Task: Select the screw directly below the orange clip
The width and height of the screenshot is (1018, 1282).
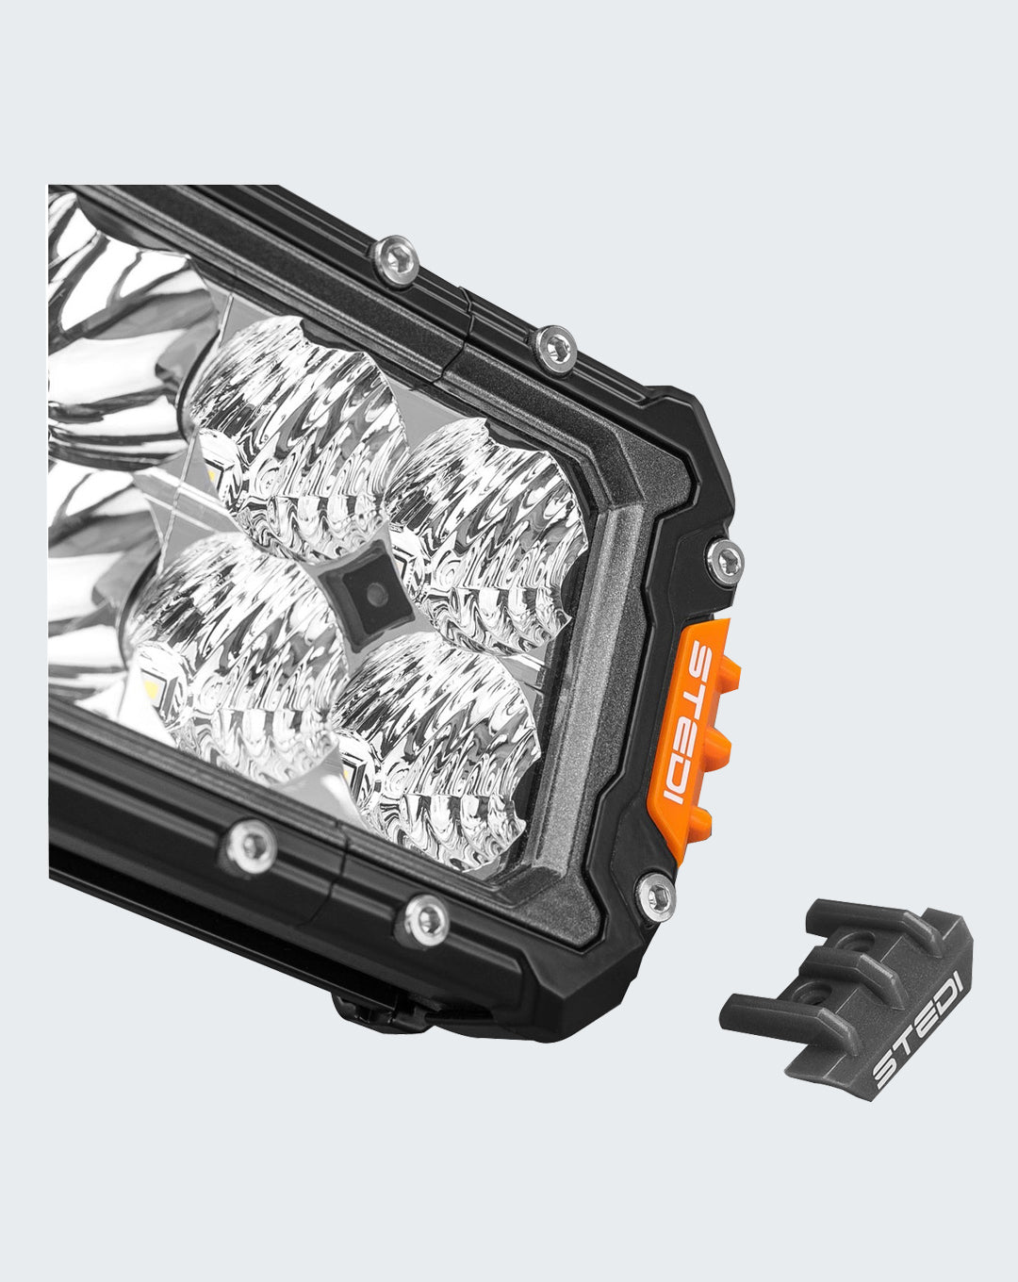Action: point(656,895)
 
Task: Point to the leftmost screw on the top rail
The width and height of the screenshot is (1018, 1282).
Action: point(395,261)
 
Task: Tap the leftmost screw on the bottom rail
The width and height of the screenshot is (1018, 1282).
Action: point(253,846)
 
